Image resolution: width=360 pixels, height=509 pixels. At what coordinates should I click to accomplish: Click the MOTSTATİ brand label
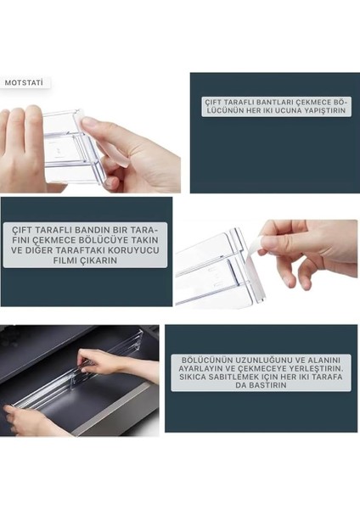pyautogui.click(x=24, y=83)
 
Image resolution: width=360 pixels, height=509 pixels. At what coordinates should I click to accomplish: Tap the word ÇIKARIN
pyautogui.click(x=101, y=260)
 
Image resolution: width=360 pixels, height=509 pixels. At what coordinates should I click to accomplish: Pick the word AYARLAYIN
pyautogui.click(x=197, y=369)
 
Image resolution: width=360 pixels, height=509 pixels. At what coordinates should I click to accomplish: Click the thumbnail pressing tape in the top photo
pyautogui.click(x=88, y=123)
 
